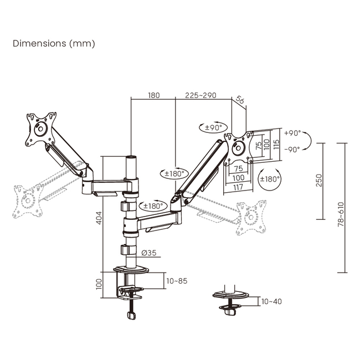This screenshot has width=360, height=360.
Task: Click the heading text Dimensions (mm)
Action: pos(54,43)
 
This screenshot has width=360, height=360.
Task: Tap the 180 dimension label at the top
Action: pos(153,95)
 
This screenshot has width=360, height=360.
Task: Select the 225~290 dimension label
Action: pos(200,95)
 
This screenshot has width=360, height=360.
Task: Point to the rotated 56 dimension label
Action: pos(240,100)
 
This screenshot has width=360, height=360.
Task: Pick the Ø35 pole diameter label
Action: pos(148,253)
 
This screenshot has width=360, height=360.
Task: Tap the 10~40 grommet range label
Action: pos(271,301)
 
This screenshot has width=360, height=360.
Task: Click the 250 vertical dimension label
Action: pos(319,181)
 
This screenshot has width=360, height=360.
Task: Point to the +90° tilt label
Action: pos(292,133)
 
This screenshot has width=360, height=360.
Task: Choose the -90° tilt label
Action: pos(292,149)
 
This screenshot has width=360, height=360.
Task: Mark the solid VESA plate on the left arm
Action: pos(40,131)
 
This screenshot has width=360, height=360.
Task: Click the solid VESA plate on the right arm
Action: pos(239,147)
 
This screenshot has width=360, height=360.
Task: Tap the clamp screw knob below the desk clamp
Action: pos(131,315)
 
